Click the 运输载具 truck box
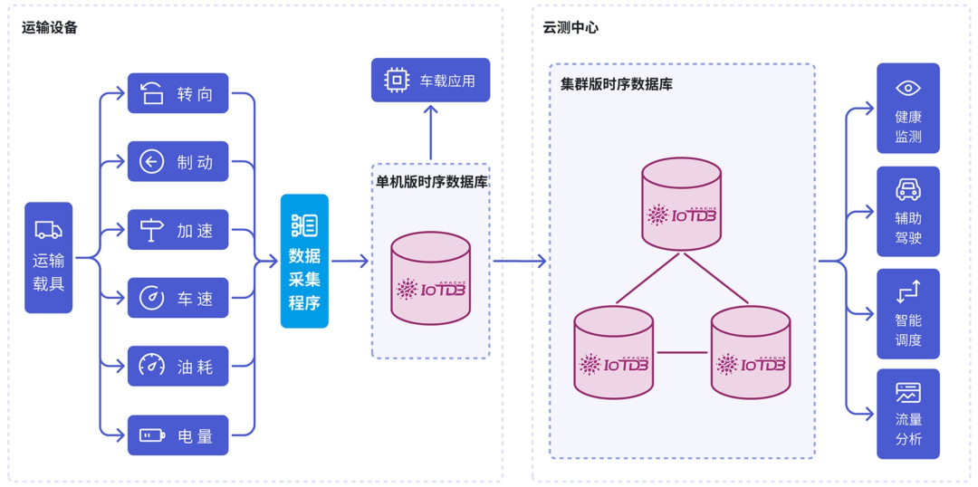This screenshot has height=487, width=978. coord(48,258)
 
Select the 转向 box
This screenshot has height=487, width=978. coord(177,93)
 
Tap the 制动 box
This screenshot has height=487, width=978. coord(177,162)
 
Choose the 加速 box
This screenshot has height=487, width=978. coord(177,230)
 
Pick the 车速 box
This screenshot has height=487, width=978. coord(177,298)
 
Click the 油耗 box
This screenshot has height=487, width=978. coord(177,366)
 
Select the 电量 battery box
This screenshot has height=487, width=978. coord(177,435)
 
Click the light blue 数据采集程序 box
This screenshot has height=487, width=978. coord(304,261)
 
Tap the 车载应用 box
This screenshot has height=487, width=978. coord(430,81)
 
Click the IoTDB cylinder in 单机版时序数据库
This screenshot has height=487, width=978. coord(430,279)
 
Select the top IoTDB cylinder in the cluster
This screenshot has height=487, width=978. coord(681,205)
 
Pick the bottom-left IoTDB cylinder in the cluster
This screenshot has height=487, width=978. coord(613,353)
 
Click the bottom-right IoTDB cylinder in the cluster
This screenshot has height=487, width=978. coord(751,353)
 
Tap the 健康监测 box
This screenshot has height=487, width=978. coord(907,109)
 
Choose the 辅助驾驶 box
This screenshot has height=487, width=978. coord(907,212)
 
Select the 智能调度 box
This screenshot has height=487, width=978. coord(907,314)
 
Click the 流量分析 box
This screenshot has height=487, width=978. coord(907,414)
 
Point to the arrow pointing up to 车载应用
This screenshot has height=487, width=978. coord(431,131)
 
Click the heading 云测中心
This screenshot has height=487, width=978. coord(570,27)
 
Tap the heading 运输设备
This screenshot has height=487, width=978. coord(50,27)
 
